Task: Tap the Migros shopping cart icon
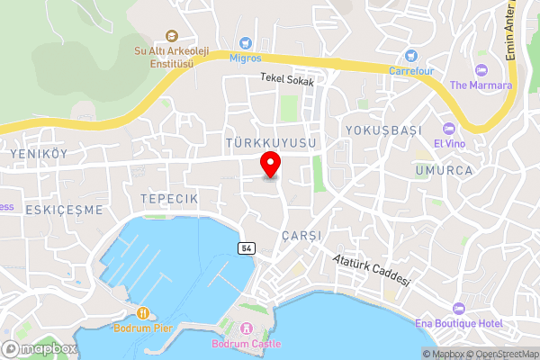click(x=245, y=42)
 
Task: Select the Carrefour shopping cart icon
click(x=411, y=54)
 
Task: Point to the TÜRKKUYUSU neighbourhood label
click(x=271, y=143)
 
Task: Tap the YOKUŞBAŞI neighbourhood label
click(x=383, y=130)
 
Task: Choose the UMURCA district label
click(x=445, y=169)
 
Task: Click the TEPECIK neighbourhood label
click(x=168, y=196)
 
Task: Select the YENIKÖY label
click(x=39, y=154)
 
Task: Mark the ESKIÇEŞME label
click(x=52, y=209)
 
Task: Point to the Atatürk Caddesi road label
click(x=371, y=269)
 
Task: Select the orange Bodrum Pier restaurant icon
click(x=142, y=312)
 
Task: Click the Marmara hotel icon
click(x=481, y=69)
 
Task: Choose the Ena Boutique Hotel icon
click(x=460, y=309)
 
